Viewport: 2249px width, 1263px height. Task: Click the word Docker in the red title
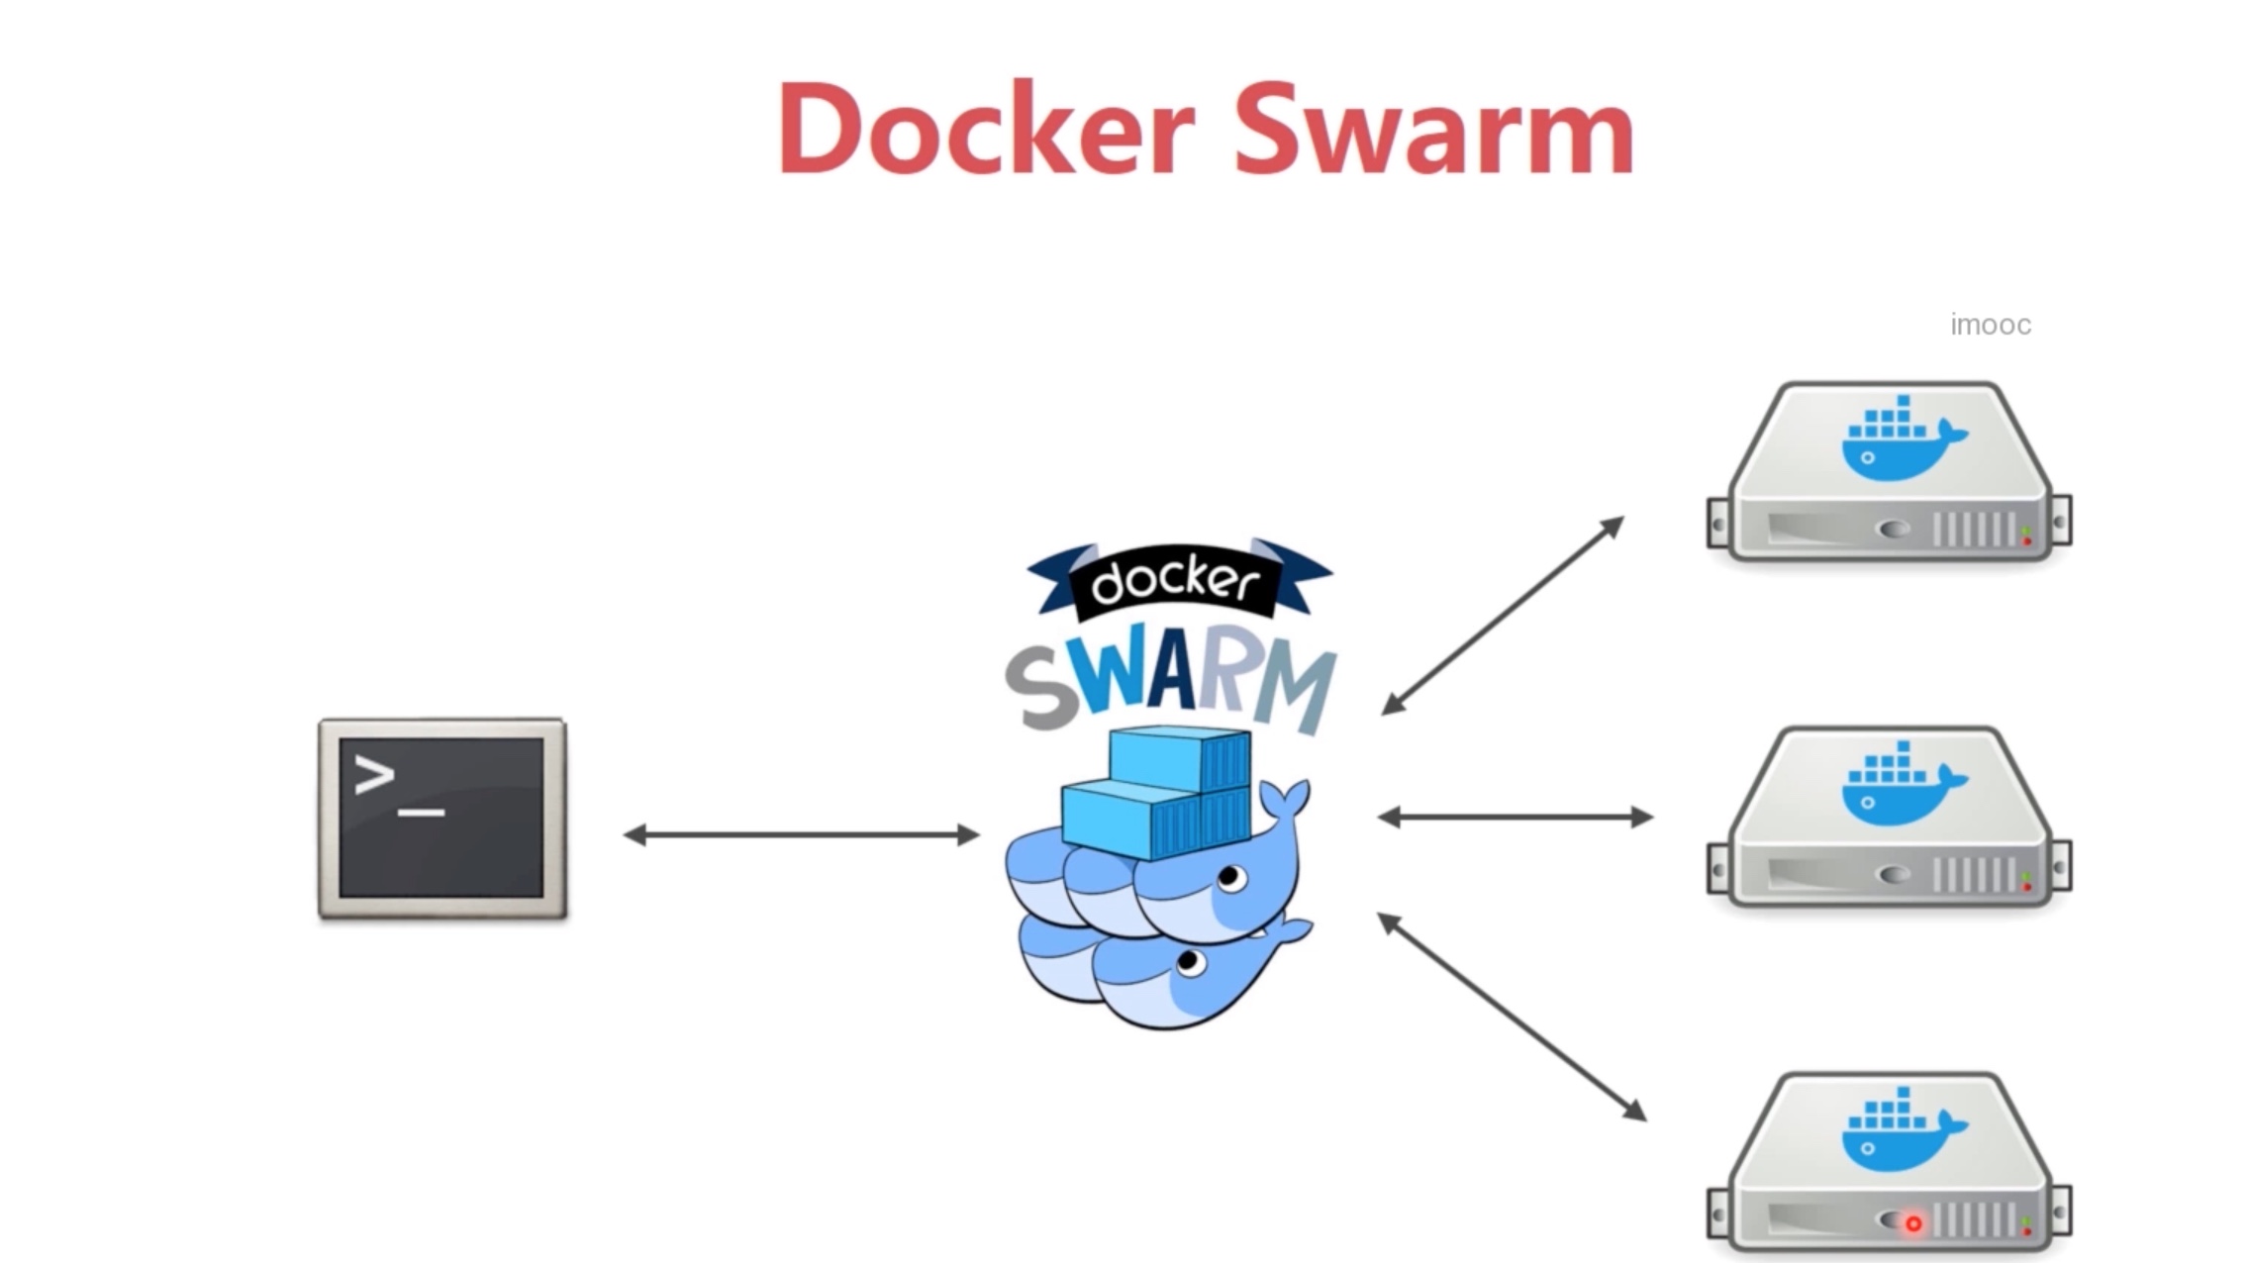pos(987,129)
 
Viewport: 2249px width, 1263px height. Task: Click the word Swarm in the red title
pos(1433,129)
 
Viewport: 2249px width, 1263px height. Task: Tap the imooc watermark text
pos(1990,325)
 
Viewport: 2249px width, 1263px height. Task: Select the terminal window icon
pos(442,819)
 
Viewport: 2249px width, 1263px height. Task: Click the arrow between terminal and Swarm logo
pos(801,835)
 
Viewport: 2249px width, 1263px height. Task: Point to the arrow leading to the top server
pos(1502,615)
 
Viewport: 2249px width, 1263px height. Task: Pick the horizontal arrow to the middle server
pos(1515,818)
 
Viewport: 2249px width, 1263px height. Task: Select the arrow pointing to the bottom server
pos(1512,1017)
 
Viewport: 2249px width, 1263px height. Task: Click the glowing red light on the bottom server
pos(1913,1224)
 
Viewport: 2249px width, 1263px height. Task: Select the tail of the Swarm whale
pos(1287,802)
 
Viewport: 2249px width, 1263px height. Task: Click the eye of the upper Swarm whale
pos(1229,877)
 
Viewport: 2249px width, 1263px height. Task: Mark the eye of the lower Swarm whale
pos(1191,962)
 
